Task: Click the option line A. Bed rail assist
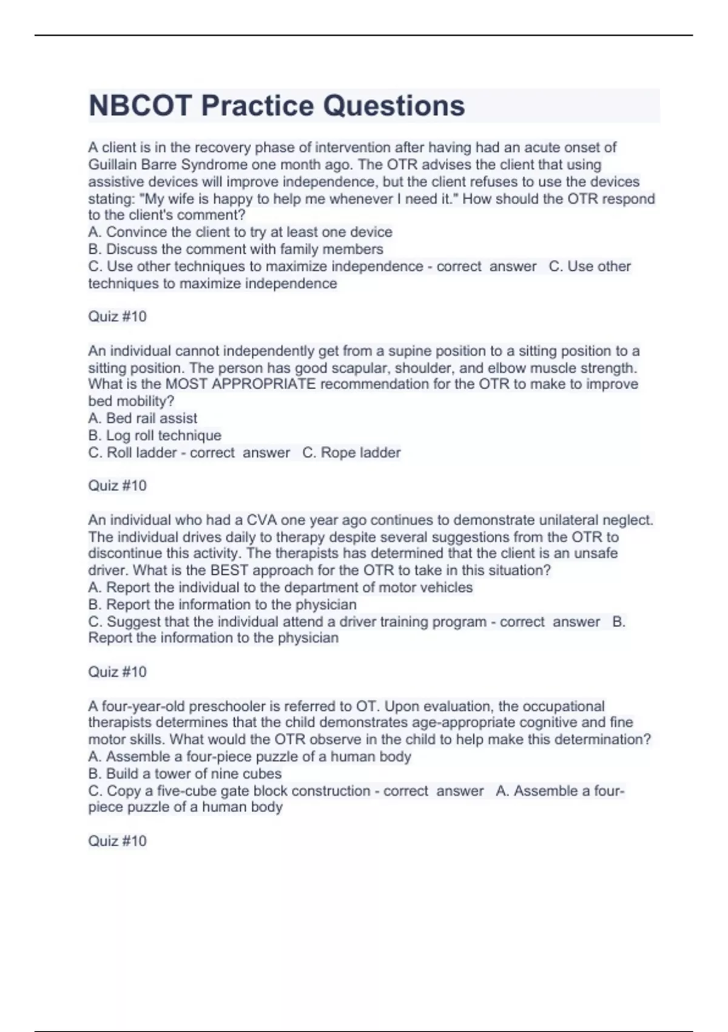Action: [143, 418]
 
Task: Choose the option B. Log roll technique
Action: [155, 435]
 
